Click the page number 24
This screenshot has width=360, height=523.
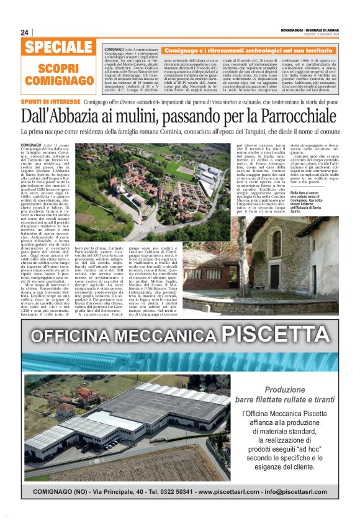24,32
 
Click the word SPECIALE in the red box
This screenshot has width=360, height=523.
60,47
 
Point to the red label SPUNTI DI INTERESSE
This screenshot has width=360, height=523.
50,101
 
